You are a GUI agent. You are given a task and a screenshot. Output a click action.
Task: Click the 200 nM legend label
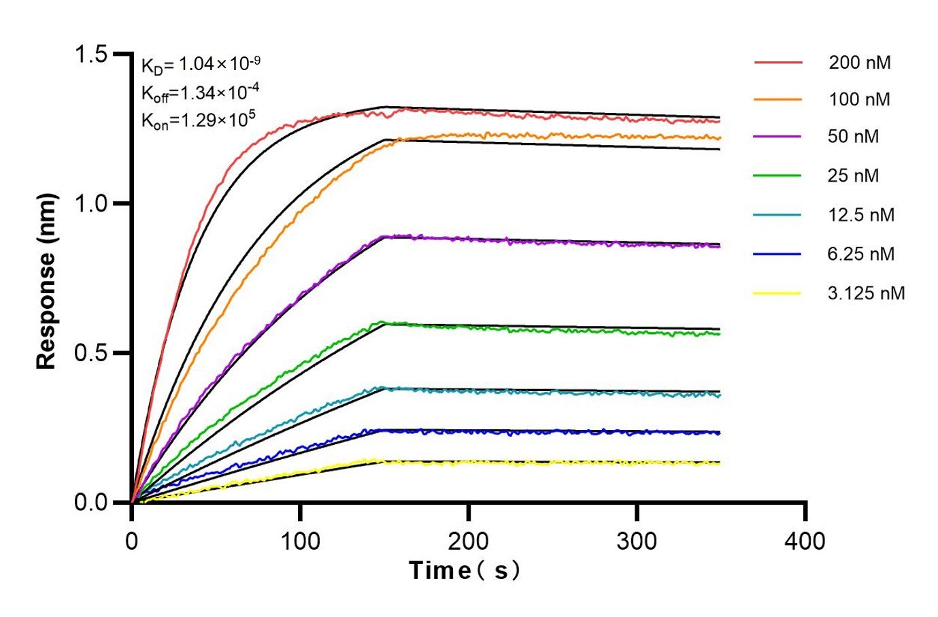[859, 63]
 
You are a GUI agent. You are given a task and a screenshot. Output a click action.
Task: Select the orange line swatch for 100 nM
[777, 99]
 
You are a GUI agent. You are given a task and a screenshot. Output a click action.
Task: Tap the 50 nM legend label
[853, 137]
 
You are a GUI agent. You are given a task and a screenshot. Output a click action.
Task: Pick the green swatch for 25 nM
[777, 176]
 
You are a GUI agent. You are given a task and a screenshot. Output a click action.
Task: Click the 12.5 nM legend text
[860, 215]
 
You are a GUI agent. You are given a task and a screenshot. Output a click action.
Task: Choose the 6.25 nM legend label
[860, 254]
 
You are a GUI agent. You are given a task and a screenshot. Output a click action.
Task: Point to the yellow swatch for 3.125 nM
[777, 293]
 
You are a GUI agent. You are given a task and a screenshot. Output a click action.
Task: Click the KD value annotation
[201, 65]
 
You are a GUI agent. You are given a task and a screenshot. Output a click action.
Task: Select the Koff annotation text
[200, 93]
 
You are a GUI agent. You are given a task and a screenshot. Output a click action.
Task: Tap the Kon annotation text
[198, 120]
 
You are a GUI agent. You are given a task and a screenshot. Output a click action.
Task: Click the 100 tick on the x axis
[300, 541]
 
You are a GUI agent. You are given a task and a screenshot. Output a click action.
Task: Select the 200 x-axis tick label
[468, 541]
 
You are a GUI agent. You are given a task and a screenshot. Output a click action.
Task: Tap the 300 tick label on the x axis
[637, 541]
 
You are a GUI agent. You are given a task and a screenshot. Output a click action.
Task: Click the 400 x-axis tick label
[805, 541]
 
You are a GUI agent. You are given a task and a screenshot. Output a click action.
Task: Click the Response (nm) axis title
[46, 282]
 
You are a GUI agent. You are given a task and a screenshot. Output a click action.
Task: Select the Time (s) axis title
[465, 570]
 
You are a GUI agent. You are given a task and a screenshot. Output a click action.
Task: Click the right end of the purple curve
[718, 246]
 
